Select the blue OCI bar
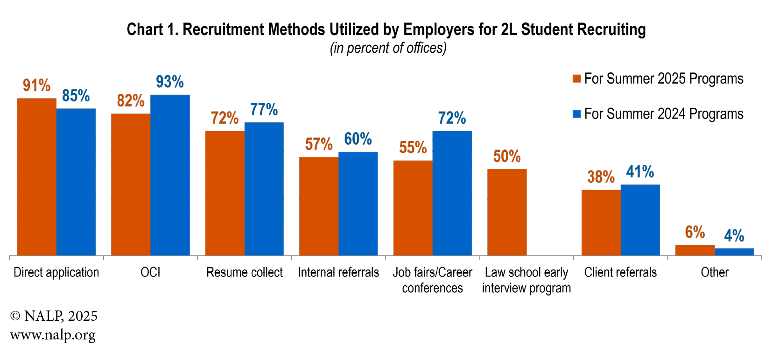click(x=170, y=175)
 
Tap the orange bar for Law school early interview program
click(x=507, y=212)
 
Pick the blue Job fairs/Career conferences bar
click(x=452, y=193)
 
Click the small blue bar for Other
click(x=734, y=252)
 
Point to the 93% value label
click(x=170, y=82)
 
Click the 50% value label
click(x=507, y=156)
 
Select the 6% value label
click(x=695, y=232)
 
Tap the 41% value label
click(x=640, y=172)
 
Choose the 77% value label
click(x=264, y=110)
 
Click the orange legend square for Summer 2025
click(x=576, y=78)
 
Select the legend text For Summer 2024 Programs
click(x=664, y=114)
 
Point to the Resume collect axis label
click(x=245, y=272)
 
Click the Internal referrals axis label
click(x=338, y=272)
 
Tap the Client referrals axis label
click(x=620, y=272)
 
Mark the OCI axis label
click(x=150, y=272)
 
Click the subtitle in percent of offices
click(x=388, y=48)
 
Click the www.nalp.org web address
click(x=53, y=335)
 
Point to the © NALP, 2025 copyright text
click(x=54, y=316)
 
